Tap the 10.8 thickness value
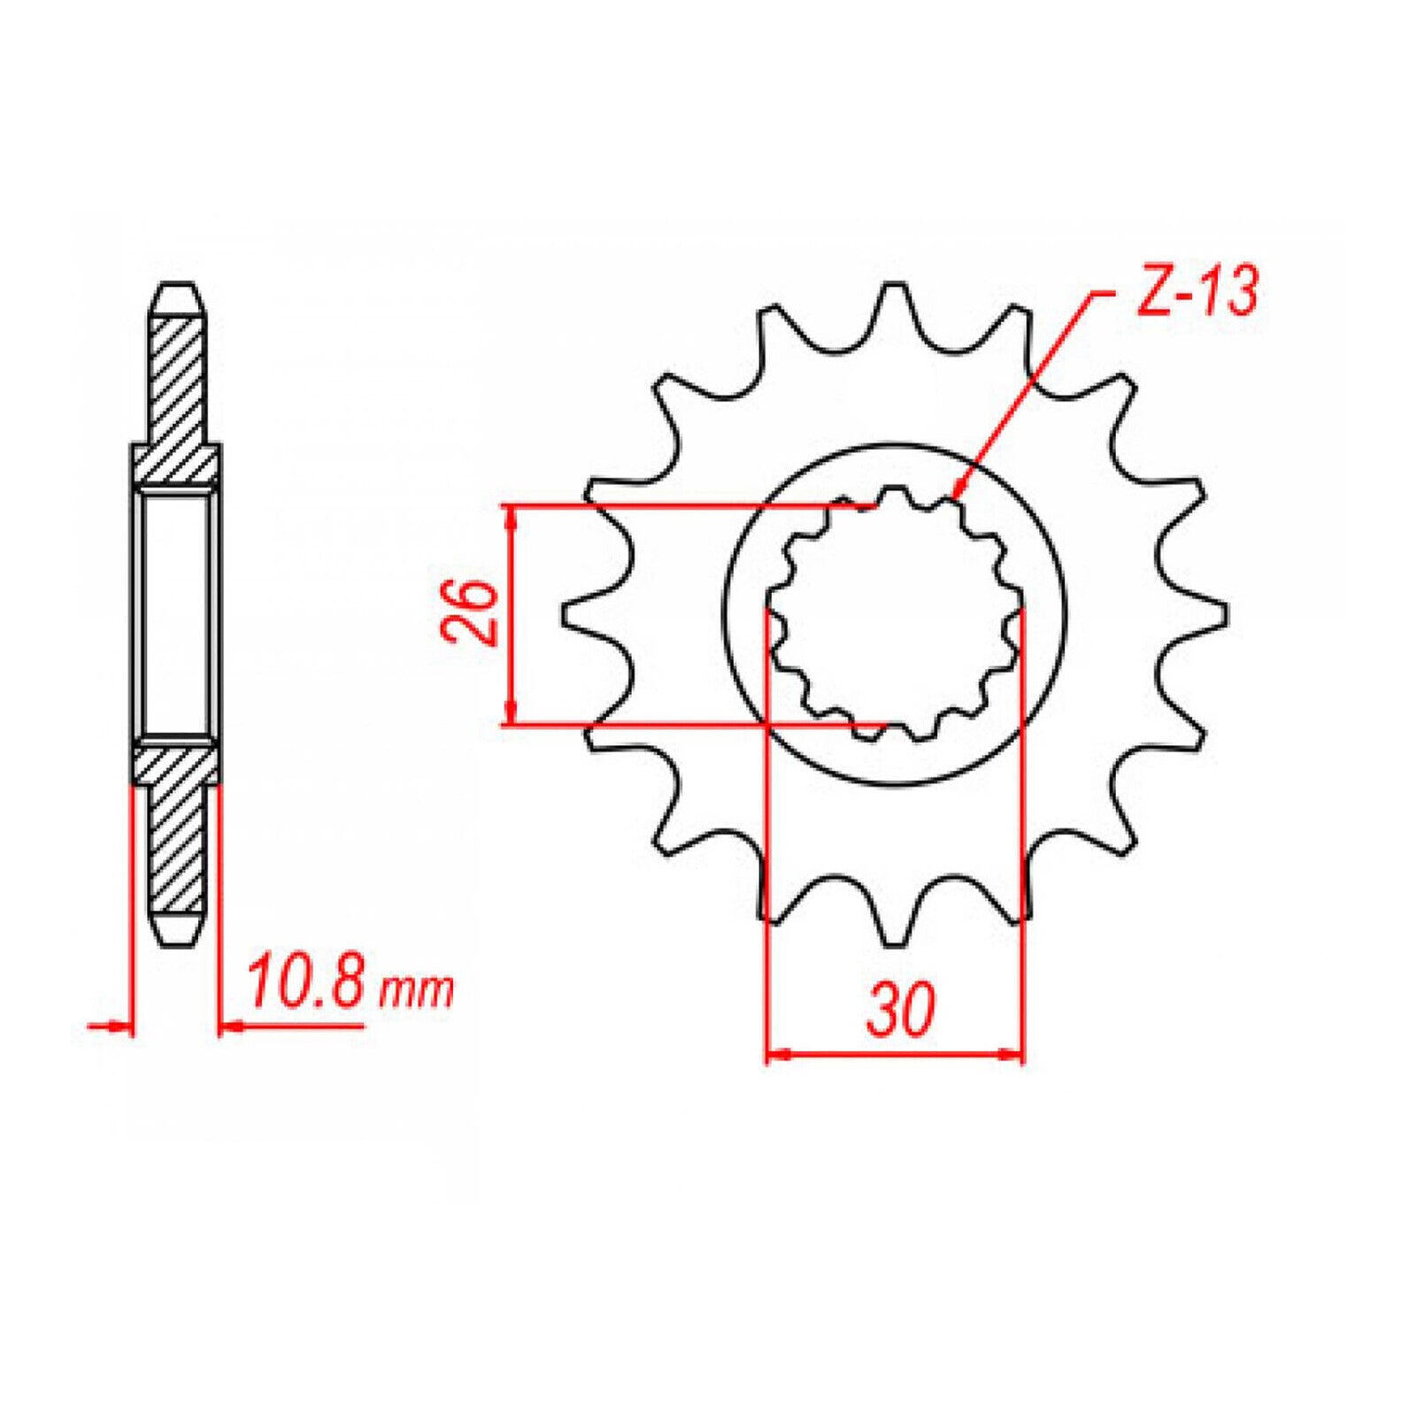(x=304, y=983)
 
